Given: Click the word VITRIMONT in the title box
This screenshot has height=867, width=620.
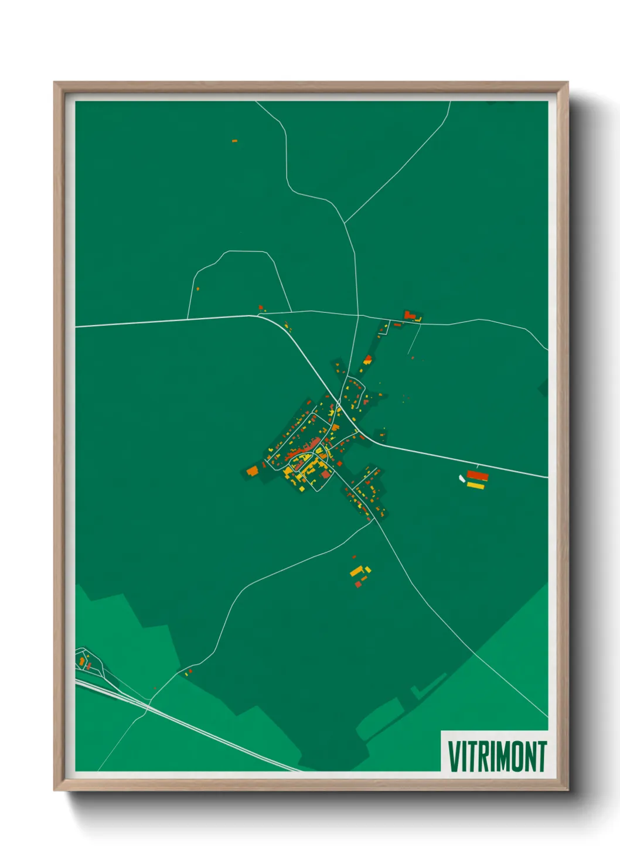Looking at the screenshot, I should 497,756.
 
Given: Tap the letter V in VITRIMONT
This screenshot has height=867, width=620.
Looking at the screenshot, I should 453,756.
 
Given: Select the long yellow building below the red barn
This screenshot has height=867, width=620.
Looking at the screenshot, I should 475,486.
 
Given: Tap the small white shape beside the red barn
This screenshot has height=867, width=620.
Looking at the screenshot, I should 462,479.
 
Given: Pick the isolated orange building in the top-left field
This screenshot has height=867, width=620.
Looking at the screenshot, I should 234,141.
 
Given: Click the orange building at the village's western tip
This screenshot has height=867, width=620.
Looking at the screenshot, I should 253,470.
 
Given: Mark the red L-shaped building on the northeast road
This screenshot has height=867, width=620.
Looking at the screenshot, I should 409,316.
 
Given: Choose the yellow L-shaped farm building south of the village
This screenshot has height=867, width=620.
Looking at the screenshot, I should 357,571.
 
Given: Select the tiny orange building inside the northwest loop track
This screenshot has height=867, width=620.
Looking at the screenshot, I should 197,288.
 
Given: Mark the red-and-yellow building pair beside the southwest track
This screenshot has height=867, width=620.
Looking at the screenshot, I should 188,673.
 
